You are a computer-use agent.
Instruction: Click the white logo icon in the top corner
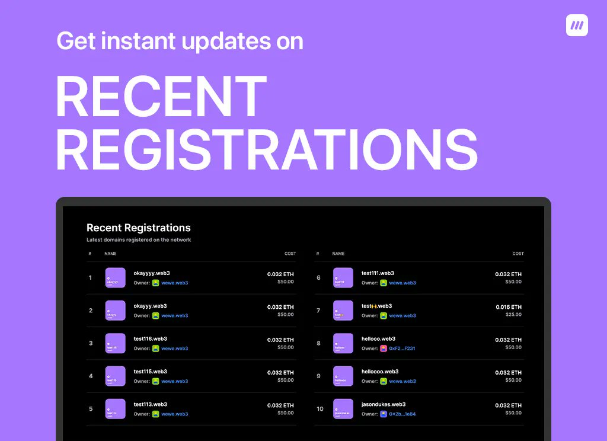[577, 25]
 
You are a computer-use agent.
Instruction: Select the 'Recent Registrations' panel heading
[139, 228]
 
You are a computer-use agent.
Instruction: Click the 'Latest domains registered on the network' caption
[139, 240]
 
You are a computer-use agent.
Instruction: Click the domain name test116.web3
[151, 339]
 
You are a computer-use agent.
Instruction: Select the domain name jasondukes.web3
[384, 404]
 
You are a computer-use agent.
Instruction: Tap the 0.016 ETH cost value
[509, 307]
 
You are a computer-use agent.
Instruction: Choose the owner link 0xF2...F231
[402, 349]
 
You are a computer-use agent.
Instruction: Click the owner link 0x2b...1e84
[402, 414]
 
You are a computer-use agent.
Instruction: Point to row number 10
[320, 409]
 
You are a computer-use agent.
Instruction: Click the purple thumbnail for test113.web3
[116, 409]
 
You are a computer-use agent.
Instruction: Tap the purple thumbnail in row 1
[116, 278]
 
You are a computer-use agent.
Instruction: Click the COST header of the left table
[290, 254]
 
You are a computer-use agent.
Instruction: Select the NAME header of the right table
[338, 254]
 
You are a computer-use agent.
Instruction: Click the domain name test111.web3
[378, 273]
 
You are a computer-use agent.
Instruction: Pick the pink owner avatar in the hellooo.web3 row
[384, 349]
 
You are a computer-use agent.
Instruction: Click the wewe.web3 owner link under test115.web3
[174, 381]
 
